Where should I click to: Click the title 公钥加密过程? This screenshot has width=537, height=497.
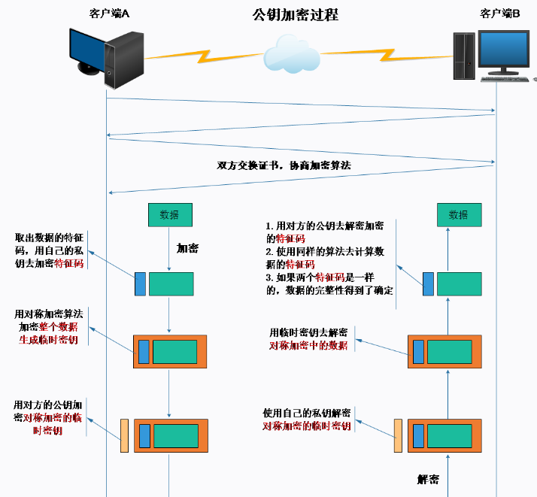[x=296, y=15]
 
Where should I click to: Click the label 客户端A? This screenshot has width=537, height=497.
[x=109, y=14]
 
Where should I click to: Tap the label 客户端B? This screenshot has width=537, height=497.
[x=499, y=14]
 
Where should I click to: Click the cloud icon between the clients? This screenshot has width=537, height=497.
[x=292, y=54]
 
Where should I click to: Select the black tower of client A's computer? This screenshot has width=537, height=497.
[x=124, y=60]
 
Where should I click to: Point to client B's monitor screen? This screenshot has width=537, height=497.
[x=504, y=48]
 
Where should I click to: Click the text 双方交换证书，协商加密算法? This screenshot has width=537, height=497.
[x=284, y=165]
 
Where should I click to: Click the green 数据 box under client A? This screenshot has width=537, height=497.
[x=170, y=215]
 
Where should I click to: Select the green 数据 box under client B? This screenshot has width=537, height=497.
[x=460, y=215]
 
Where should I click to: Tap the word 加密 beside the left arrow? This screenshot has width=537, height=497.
[x=187, y=248]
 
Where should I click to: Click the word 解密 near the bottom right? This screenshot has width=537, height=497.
[x=428, y=479]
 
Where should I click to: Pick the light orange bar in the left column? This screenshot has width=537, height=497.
[x=124, y=435]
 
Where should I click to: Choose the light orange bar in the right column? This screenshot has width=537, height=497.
[x=398, y=435]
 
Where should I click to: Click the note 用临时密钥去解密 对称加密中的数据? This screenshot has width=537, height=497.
[x=308, y=339]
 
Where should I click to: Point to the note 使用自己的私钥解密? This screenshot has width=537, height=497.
[x=307, y=413]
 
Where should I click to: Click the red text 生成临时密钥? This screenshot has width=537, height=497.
[x=48, y=340]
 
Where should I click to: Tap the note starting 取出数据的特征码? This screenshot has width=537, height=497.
[x=49, y=250]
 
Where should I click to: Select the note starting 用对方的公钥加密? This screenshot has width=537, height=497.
[x=47, y=417]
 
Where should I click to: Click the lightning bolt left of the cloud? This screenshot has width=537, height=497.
[x=204, y=57]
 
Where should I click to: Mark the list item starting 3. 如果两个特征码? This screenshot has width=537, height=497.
[x=329, y=283]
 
